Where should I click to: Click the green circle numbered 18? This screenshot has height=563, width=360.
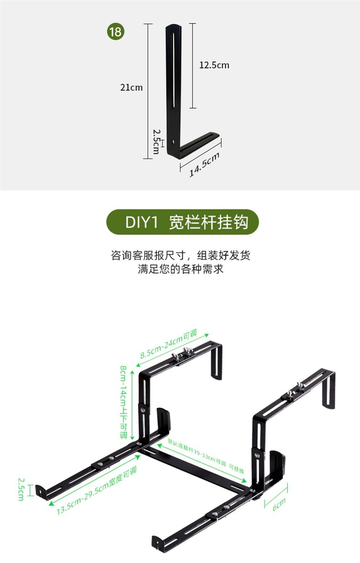[116, 32]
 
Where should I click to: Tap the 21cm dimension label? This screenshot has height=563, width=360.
[131, 87]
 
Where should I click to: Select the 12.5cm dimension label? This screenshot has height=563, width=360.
[214, 65]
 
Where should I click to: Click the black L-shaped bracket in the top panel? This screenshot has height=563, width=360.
[174, 91]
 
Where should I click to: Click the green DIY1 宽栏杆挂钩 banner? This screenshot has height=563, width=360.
[182, 223]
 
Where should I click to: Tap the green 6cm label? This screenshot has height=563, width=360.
[279, 503]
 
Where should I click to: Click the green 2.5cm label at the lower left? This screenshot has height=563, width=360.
[21, 489]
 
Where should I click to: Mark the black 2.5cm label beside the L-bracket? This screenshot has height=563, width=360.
[156, 141]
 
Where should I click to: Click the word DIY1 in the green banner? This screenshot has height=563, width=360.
[141, 223]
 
